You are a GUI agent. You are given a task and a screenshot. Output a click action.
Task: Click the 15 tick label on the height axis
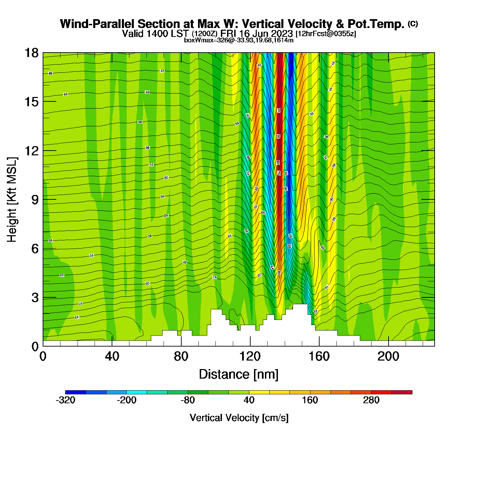point(31,102)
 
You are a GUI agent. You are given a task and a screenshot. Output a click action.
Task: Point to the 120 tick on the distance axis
point(250,356)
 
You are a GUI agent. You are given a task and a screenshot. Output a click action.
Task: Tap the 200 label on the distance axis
point(388,356)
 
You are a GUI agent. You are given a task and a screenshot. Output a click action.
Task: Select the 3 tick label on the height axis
point(35,297)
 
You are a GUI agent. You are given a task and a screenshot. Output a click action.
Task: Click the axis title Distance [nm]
point(239,374)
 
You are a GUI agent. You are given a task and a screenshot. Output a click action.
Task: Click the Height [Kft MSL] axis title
point(12,200)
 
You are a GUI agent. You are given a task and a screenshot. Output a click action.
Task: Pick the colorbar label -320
point(65,400)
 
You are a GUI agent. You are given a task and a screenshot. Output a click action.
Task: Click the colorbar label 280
point(371,400)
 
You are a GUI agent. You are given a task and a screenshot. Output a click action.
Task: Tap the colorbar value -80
point(187,400)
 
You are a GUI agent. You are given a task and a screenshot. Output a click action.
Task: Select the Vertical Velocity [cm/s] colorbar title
point(239,418)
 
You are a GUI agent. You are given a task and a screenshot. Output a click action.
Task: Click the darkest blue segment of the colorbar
point(75,392)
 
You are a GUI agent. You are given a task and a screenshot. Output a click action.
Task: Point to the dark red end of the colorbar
point(402,392)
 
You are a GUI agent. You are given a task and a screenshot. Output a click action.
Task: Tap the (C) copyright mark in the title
point(413,24)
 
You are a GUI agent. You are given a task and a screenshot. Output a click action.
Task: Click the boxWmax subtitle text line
point(239,40)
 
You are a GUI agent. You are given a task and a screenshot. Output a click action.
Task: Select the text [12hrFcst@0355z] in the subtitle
point(326,34)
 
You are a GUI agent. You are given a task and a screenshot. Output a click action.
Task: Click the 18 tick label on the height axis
point(31,53)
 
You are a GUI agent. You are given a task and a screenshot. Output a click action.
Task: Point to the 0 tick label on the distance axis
point(43,356)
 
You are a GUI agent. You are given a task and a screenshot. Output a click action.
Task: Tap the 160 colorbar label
point(310,400)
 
